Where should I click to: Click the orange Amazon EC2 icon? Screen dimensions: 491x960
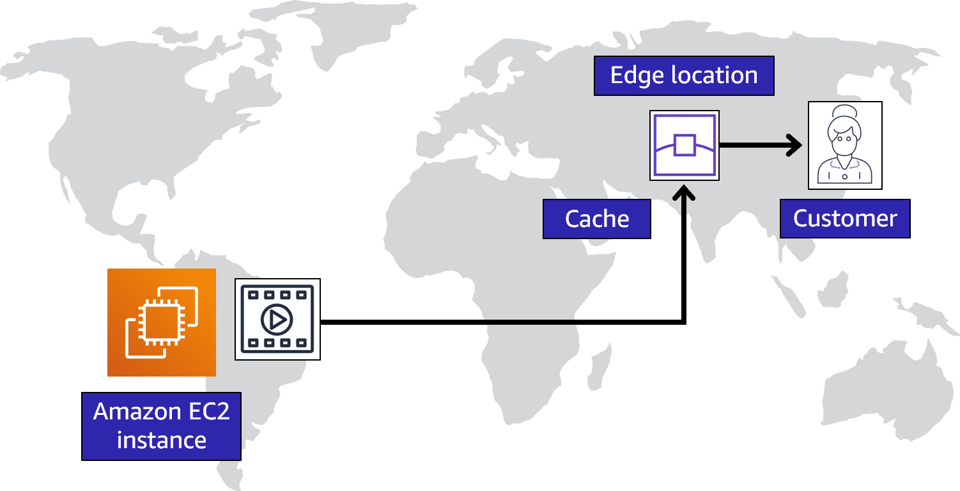pyautogui.click(x=161, y=322)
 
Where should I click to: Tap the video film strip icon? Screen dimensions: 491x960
pyautogui.click(x=277, y=319)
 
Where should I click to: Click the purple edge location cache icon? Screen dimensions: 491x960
pyautogui.click(x=685, y=145)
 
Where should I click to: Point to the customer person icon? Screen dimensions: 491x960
pyautogui.click(x=845, y=145)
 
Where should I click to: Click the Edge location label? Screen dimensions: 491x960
pyautogui.click(x=684, y=75)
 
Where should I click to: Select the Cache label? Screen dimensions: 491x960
pyautogui.click(x=597, y=219)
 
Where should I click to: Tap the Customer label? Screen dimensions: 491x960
pyautogui.click(x=845, y=219)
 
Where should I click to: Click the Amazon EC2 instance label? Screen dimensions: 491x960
pyautogui.click(x=161, y=426)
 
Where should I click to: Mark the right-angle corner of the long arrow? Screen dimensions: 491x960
pyautogui.click(x=685, y=322)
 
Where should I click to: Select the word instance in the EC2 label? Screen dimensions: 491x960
pyautogui.click(x=161, y=440)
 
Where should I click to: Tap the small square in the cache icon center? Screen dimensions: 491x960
pyautogui.click(x=685, y=145)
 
